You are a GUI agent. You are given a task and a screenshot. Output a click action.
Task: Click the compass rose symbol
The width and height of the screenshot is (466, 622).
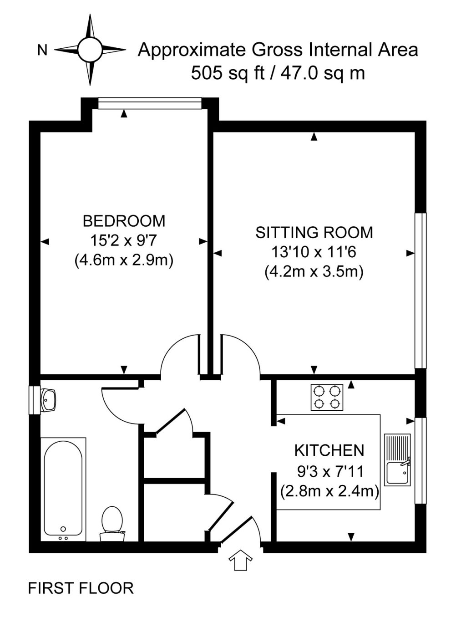coord(90,49)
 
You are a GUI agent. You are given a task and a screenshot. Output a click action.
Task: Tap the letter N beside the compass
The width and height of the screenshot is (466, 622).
coord(42,51)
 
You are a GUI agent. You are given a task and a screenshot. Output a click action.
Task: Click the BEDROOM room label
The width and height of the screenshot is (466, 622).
coord(124,221)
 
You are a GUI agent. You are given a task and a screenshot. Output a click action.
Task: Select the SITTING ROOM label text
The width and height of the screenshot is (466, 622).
coord(314,233)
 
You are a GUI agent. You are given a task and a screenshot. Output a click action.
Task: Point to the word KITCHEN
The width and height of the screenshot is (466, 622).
coord(329,450)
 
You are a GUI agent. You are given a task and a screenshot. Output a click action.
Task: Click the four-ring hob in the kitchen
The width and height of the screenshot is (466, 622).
coord(327,397)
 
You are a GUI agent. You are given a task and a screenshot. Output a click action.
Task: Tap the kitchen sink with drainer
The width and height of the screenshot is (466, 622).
coord(398,459)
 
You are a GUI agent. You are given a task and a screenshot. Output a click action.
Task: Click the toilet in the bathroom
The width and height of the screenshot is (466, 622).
coord(112,523)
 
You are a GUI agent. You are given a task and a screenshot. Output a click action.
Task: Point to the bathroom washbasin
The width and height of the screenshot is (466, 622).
coord(48,399)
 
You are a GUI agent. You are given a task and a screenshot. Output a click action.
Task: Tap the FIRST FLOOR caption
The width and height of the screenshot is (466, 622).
coord(81,588)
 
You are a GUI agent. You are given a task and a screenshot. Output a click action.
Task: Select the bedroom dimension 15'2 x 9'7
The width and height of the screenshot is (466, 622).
coord(124,240)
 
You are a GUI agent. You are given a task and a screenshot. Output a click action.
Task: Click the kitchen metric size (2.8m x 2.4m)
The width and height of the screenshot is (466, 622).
coord(329,491)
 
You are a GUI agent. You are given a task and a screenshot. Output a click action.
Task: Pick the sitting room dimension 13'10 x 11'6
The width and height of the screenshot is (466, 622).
coord(314,252)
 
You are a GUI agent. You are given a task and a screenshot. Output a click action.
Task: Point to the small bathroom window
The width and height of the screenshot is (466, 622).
coord(34,400)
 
